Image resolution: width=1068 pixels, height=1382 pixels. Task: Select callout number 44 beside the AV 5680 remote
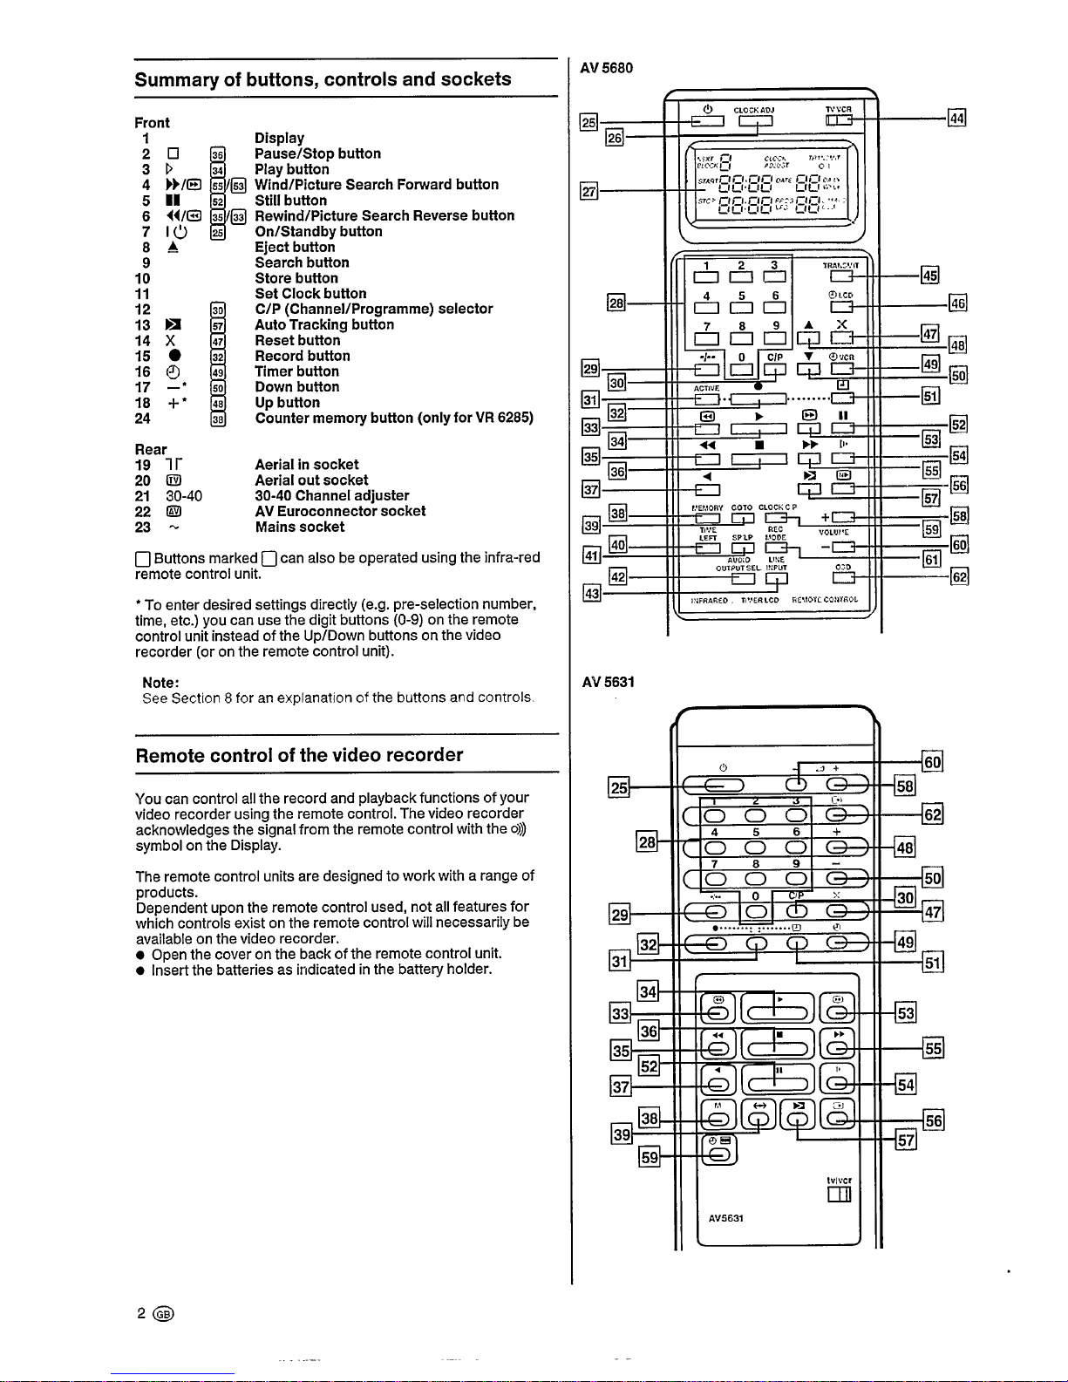pos(956,119)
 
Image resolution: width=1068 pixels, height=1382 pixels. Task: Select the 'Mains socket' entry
pos(299,527)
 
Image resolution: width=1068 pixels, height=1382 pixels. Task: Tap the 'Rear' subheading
pos(151,449)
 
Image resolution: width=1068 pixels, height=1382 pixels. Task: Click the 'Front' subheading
pos(153,123)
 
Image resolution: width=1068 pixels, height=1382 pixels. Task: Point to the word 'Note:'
pos(161,683)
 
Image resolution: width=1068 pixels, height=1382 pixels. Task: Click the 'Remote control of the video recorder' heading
pos(299,755)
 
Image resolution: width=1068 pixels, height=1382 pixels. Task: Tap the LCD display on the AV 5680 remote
pos(772,183)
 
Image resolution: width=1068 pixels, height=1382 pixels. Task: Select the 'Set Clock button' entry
pos(310,294)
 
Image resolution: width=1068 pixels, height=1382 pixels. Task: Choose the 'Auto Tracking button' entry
pos(323,324)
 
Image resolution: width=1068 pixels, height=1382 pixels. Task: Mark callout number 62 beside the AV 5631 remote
pos(932,816)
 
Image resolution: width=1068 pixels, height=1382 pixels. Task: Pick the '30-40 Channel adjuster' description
pos(331,495)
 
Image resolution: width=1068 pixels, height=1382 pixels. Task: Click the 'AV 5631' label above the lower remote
pos(608,682)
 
